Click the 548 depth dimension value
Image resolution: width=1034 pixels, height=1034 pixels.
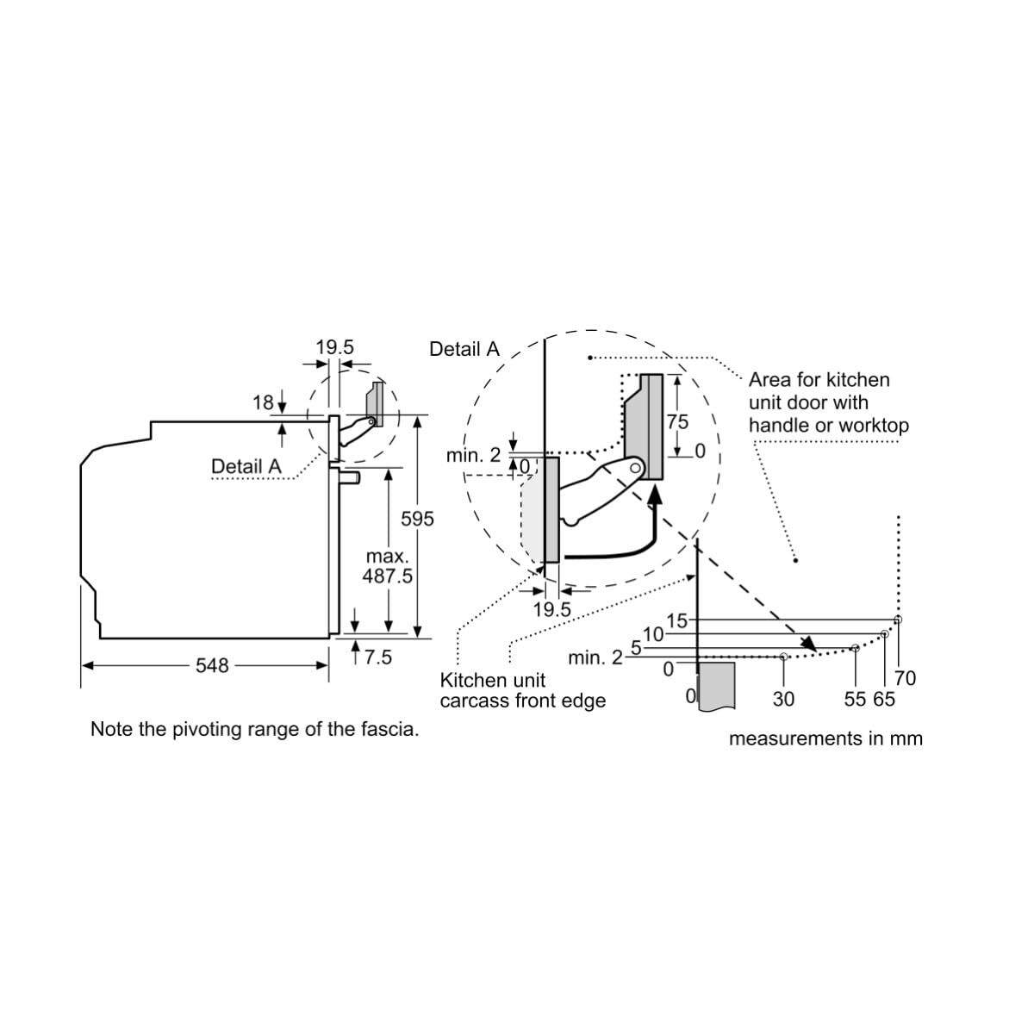pos(212,665)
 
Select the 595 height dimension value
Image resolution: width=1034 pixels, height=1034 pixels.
pos(417,519)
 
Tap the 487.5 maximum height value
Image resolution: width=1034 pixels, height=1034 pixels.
pos(387,576)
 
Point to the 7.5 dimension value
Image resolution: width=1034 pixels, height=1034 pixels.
pos(377,657)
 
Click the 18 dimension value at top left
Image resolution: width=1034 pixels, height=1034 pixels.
pos(263,402)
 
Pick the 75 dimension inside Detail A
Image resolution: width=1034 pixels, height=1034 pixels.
pos(677,422)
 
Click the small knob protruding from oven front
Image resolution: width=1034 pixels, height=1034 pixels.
pos(350,477)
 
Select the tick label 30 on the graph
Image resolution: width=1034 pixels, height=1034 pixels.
pos(783,699)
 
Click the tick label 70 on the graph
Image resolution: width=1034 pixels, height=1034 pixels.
pos(906,678)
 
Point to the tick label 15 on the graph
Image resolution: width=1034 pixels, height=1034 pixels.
pos(676,620)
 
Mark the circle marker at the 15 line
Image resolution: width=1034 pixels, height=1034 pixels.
pos(898,620)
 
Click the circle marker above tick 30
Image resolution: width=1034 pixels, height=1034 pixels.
pos(783,657)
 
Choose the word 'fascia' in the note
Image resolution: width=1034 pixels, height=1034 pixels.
pos(392,729)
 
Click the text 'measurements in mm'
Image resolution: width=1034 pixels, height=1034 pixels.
pos(825,738)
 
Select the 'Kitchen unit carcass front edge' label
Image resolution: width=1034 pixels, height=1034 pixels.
pos(523,690)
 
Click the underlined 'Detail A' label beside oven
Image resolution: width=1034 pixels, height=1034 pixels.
pos(246,466)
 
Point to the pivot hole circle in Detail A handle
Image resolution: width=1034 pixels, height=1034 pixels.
pos(635,469)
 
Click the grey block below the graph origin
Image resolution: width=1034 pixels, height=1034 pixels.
pos(717,686)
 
